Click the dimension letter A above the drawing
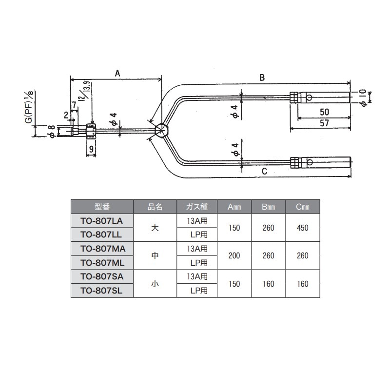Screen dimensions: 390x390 click(x=117, y=73)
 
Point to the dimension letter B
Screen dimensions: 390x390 click(x=262, y=78)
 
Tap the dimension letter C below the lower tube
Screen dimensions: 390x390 click(x=264, y=171)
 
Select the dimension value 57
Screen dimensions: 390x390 click(x=324, y=123)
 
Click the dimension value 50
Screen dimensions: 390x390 click(x=324, y=112)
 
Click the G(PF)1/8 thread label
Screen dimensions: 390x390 click(x=30, y=107)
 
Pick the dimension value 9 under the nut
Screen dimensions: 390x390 click(x=91, y=149)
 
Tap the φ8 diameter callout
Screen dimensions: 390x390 click(x=52, y=132)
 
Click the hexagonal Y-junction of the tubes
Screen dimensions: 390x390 click(x=162, y=130)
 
